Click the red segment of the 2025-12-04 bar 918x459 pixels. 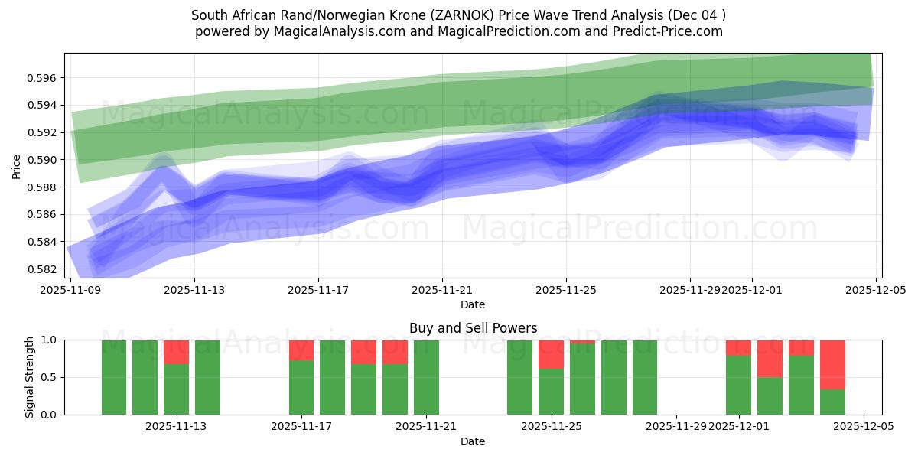tap(832, 364)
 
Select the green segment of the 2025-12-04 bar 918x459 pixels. tap(832, 402)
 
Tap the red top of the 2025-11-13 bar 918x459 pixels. tap(176, 352)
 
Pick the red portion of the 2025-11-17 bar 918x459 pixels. tap(301, 350)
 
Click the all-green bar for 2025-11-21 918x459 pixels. tap(426, 377)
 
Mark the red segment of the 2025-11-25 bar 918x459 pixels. tap(551, 354)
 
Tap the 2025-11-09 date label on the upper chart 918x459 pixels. tap(70, 290)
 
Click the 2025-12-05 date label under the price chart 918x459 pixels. tap(876, 290)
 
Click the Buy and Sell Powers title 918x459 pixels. tap(473, 328)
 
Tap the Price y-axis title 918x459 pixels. tap(17, 165)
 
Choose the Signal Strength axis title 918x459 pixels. tap(30, 377)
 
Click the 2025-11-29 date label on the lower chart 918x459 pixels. tap(676, 426)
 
